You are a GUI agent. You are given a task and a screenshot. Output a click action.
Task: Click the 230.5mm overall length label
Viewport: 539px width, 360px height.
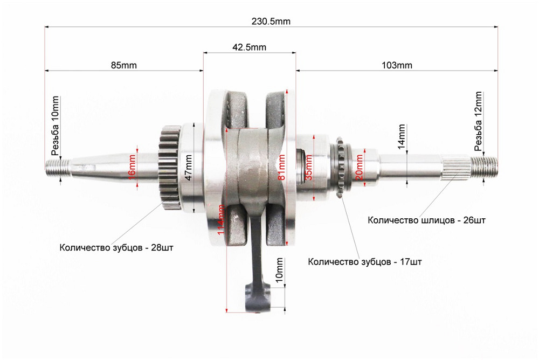coord(271,22)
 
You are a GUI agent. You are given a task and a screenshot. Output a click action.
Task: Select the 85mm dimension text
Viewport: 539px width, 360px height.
coord(124,65)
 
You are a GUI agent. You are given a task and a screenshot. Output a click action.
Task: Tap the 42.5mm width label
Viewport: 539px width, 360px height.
coord(249,47)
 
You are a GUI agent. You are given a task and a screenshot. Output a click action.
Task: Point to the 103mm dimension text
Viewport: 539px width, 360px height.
coord(397,65)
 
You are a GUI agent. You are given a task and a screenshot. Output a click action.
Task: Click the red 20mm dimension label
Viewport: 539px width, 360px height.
coord(360,167)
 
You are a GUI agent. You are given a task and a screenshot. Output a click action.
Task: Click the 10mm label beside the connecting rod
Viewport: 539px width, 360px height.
coord(278,272)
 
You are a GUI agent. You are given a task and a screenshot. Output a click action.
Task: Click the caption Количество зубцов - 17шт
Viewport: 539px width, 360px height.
coord(364,262)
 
